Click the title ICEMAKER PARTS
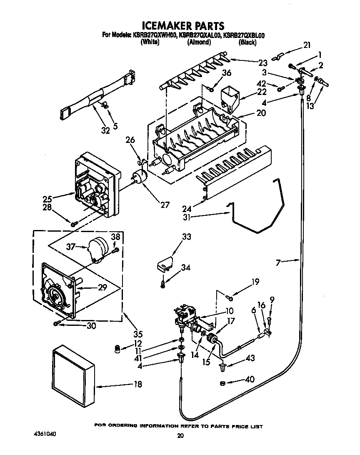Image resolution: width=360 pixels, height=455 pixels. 180,25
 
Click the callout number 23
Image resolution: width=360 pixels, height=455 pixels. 262,63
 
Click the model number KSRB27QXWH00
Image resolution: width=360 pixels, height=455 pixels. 155,36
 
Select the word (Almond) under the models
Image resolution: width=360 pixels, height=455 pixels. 199,42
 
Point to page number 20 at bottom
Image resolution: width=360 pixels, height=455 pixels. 180,436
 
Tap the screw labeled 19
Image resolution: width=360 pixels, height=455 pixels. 230,297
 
